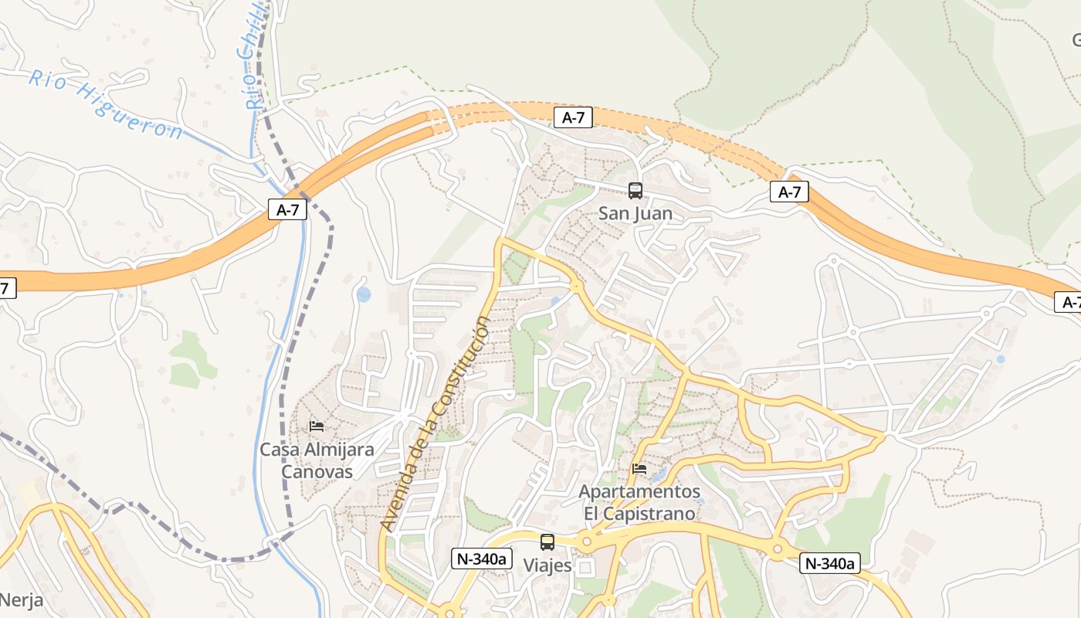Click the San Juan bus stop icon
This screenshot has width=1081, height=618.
point(635,190)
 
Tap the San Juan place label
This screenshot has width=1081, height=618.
point(635,214)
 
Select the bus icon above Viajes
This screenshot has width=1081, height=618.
point(547,542)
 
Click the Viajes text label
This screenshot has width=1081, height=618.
point(547,565)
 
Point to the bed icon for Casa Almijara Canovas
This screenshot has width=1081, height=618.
point(316,426)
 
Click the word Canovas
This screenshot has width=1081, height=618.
point(317,472)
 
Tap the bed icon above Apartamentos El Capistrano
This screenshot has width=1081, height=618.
point(639,469)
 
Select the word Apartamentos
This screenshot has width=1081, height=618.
point(639,492)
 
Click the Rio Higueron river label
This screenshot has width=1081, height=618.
point(106,104)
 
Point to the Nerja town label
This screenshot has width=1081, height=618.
point(21,600)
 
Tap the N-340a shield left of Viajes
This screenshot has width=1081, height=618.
point(483,559)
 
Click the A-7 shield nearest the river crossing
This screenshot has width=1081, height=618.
point(287,209)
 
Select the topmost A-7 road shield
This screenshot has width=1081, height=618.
point(573,117)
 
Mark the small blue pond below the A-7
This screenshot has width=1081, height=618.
point(364,294)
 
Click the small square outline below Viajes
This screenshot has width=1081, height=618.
point(585,569)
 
